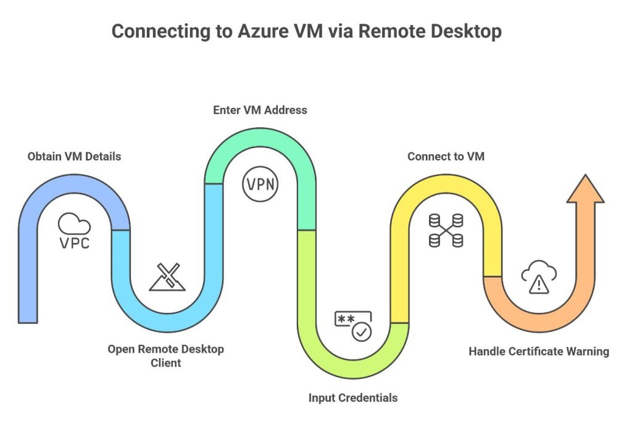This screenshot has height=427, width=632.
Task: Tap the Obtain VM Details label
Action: tap(74, 156)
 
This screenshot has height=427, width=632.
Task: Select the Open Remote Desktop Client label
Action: tap(165, 356)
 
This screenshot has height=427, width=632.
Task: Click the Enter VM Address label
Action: tap(260, 110)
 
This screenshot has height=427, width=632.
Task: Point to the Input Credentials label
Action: tap(353, 397)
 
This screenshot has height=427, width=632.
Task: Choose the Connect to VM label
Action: tap(446, 156)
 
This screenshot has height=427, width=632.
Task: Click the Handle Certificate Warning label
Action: tap(538, 351)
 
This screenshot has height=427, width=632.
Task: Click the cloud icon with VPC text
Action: tap(74, 231)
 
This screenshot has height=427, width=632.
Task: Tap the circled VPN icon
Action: tap(260, 184)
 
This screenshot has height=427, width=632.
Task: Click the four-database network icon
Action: tap(446, 230)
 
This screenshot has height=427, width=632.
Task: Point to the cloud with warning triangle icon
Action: tap(539, 277)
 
